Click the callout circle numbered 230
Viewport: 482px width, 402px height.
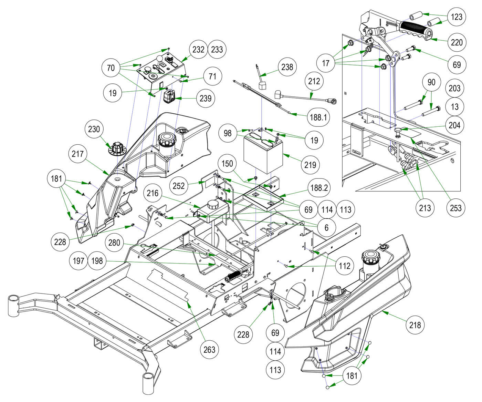click(x=94, y=130)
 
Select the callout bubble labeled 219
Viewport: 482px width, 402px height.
click(x=310, y=165)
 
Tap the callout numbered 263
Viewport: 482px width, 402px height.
click(x=209, y=350)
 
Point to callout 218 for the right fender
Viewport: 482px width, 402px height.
click(x=415, y=325)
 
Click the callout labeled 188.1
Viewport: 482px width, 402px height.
click(x=318, y=117)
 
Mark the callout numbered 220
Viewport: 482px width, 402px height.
click(x=457, y=43)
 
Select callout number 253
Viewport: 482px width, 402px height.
click(x=455, y=208)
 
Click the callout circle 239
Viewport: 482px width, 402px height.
click(x=206, y=99)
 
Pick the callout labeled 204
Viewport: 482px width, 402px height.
click(x=454, y=125)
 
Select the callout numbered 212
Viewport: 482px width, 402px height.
click(x=314, y=82)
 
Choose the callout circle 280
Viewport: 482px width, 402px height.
click(x=114, y=243)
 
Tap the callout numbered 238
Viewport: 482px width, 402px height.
click(x=287, y=67)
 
